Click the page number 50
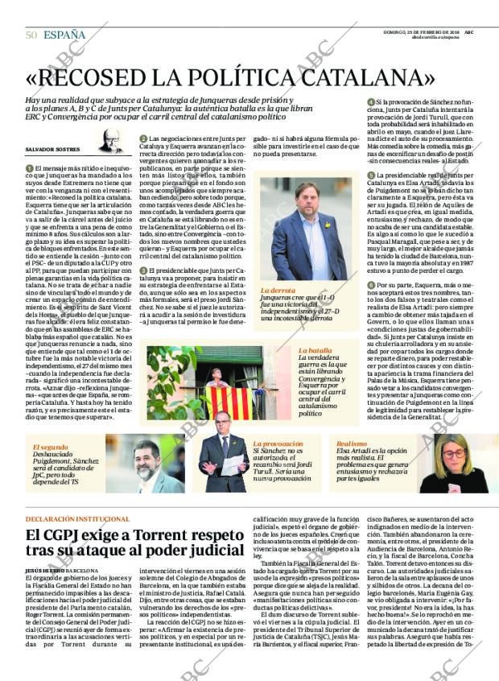tap(31, 35)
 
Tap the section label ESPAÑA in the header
tap(64, 35)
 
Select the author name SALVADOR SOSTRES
tap(53, 151)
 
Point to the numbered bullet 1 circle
tap(29, 167)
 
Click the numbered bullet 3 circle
tap(143, 270)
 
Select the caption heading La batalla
tap(315, 351)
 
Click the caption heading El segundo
tap(50, 446)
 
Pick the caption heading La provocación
tap(278, 444)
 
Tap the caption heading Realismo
tap(352, 444)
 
